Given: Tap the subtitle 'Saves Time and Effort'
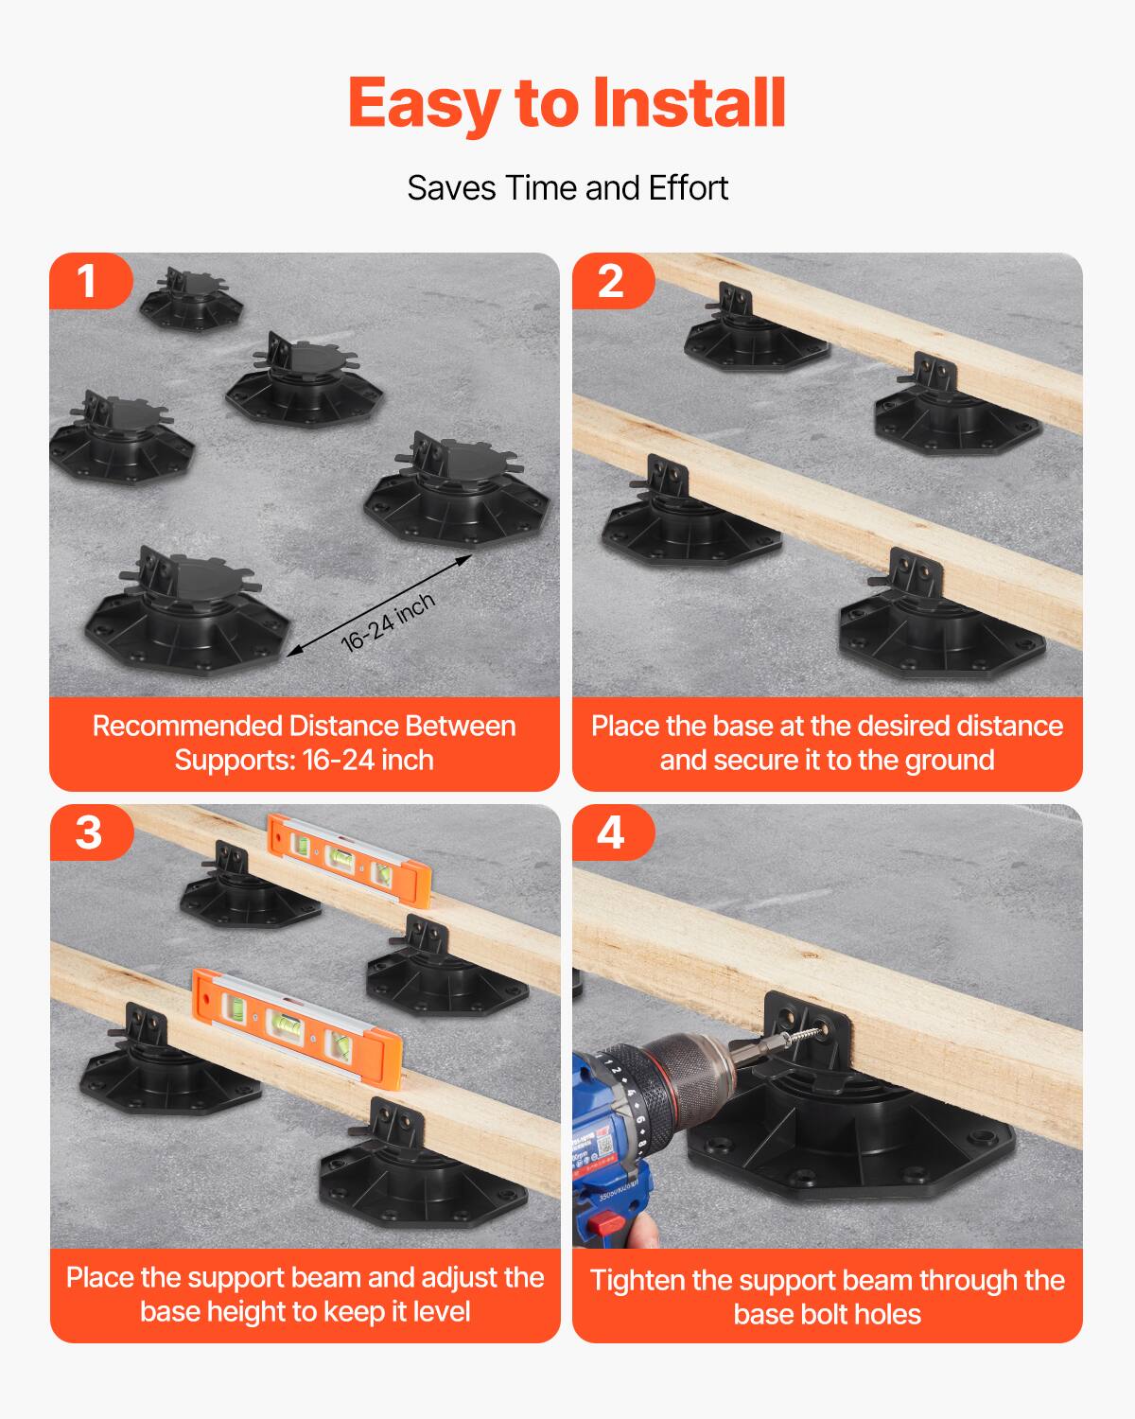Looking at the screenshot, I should click(x=567, y=188).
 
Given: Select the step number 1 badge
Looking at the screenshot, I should click(x=88, y=281).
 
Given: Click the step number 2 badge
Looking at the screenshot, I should click(x=611, y=281).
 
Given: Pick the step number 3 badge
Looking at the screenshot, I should click(x=88, y=832).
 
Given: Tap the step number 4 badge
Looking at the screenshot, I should click(x=611, y=832).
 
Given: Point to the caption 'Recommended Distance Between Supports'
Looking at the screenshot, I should click(x=304, y=743).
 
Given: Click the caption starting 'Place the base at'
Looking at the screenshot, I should click(x=827, y=743).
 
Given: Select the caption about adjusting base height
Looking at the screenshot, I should click(x=304, y=1294).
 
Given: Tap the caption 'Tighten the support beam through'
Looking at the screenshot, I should click(x=827, y=1296).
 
